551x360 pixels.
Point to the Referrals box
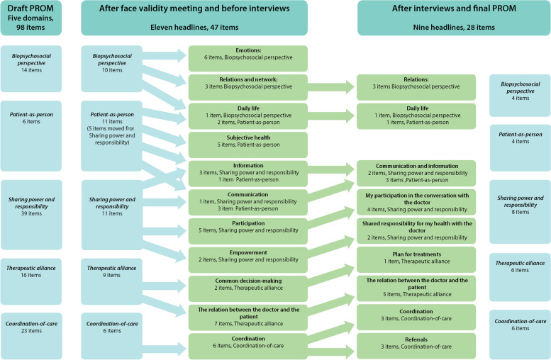(x=416, y=345)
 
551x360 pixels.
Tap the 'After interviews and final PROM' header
(x=453, y=17)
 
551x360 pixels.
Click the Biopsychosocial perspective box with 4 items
(x=520, y=95)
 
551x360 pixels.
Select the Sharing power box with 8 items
(x=520, y=206)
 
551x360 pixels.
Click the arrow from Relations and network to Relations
(x=332, y=86)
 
